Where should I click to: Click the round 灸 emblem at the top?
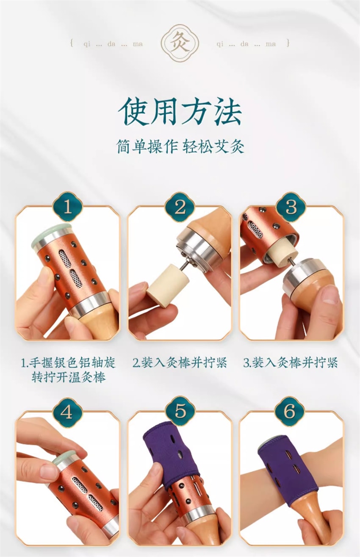(180, 44)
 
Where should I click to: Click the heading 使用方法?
(180, 112)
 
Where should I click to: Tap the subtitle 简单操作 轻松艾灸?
(180, 146)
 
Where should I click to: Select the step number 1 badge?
(67, 207)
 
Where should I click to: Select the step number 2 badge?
(180, 207)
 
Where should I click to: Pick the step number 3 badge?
(291, 207)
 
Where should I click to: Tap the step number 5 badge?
(180, 411)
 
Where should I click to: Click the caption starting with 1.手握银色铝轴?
(68, 370)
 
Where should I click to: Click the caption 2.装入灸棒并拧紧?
(180, 363)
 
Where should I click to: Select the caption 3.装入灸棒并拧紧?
(291, 363)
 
